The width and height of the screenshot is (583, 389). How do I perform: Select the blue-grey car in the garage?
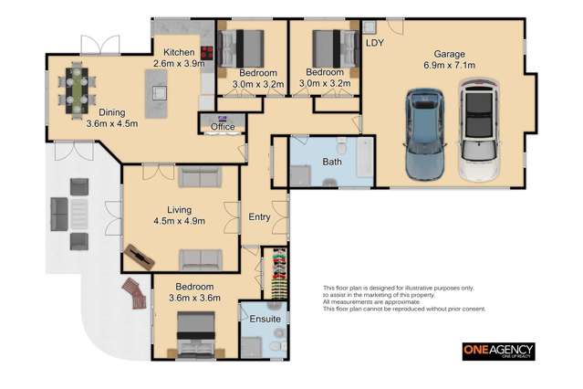(425, 134)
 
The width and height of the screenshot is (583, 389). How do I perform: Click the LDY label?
(374, 43)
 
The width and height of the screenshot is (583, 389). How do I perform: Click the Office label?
(223, 127)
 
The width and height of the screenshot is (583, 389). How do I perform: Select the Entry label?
(259, 216)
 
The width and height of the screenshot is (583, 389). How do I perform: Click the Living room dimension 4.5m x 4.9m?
(179, 220)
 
